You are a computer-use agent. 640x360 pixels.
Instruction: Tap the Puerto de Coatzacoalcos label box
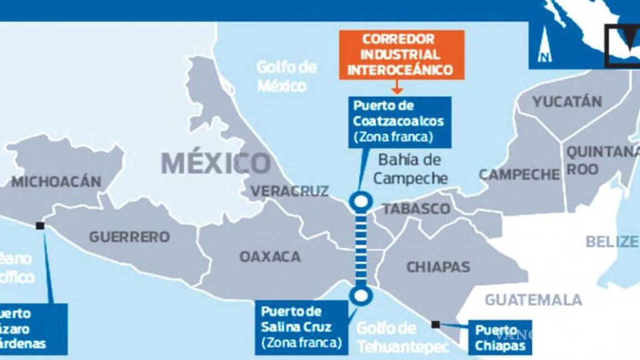(399, 121)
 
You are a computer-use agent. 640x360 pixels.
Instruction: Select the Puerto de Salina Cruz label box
(301, 327)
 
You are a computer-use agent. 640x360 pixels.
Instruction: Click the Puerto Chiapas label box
(500, 337)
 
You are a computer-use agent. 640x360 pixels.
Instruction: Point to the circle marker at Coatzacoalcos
(361, 201)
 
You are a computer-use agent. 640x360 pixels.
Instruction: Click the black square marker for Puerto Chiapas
(436, 324)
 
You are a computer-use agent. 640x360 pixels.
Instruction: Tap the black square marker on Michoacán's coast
(40, 226)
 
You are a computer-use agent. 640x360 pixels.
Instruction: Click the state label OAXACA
(270, 257)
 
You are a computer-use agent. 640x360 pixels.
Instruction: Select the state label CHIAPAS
(438, 267)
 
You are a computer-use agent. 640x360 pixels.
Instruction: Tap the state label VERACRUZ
(289, 191)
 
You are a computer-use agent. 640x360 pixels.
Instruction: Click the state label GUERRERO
(129, 237)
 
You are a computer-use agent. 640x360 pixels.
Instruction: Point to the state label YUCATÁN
(567, 102)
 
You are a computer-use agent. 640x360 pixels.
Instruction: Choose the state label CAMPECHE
(519, 175)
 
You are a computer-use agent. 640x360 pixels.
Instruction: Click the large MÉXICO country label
(216, 163)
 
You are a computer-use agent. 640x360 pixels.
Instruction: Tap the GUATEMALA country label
(533, 300)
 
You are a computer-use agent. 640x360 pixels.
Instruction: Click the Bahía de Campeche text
(410, 169)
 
